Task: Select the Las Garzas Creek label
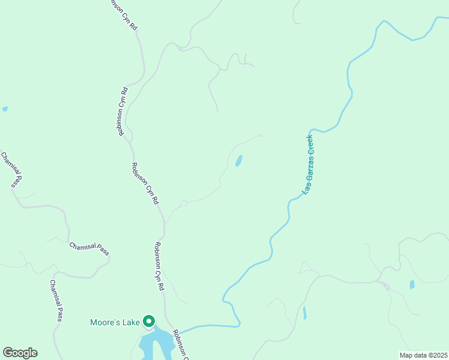click(x=307, y=164)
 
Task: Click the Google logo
click(x=20, y=353)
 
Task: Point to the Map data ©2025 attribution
click(x=423, y=355)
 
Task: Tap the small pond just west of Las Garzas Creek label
click(x=239, y=161)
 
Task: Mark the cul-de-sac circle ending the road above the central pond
click(x=260, y=136)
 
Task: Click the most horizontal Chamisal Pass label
click(x=89, y=249)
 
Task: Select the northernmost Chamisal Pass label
click(x=11, y=170)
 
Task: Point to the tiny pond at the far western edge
click(x=5, y=109)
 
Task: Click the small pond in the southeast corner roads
click(x=412, y=284)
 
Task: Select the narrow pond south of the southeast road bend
click(x=305, y=313)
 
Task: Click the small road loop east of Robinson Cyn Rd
click(x=184, y=203)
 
